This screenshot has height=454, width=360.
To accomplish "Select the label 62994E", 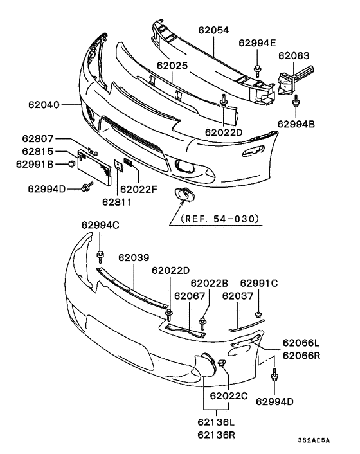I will (257, 43).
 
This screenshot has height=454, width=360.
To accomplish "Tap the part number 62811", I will (117, 201).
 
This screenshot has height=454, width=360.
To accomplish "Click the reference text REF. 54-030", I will (221, 219).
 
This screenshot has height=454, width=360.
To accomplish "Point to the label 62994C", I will (100, 225).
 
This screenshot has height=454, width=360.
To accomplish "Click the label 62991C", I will (258, 283).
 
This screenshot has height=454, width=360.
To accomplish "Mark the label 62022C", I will (229, 395).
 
